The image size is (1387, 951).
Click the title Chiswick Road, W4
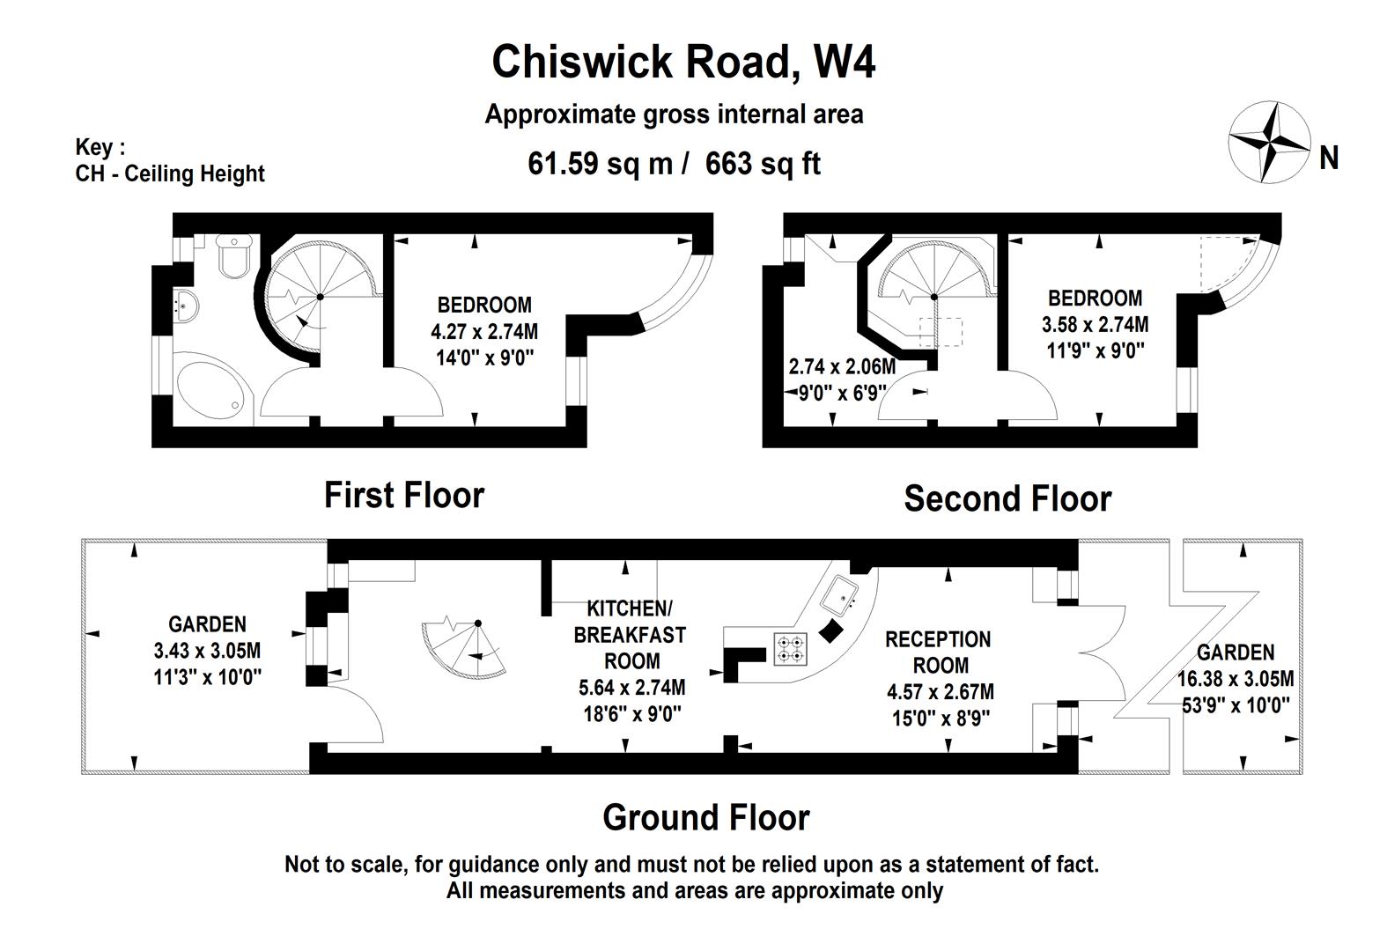(x=683, y=62)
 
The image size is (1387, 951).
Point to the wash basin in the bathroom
(x=186, y=304)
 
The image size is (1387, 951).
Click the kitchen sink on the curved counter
(x=840, y=596)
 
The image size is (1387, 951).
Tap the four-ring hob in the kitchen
(x=790, y=649)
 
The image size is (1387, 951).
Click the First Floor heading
(x=404, y=495)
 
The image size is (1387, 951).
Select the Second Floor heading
(x=1007, y=498)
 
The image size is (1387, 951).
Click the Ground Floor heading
(x=705, y=817)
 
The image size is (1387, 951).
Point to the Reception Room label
(x=939, y=652)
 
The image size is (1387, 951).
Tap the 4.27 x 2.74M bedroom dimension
(x=483, y=332)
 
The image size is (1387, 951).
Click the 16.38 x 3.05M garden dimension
(x=1236, y=679)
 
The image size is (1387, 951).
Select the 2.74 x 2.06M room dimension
(x=842, y=366)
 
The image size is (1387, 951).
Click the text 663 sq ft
(x=763, y=164)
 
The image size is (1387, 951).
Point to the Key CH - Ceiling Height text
(x=169, y=160)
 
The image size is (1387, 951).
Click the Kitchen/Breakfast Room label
(x=630, y=634)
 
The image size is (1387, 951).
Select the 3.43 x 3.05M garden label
(x=207, y=651)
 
